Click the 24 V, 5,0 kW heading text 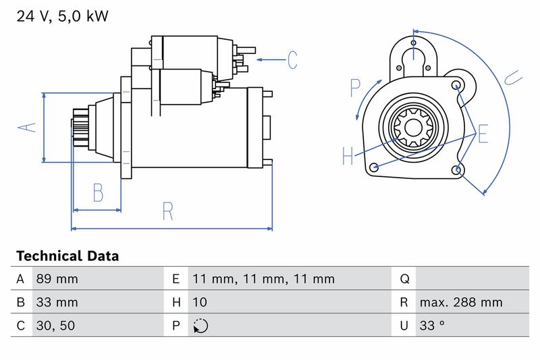tap(62, 16)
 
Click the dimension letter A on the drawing tap(27, 128)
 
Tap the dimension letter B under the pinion tap(98, 192)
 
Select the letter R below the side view tap(167, 211)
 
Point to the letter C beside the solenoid tap(292, 60)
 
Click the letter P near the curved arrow tap(355, 88)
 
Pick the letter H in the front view tap(348, 155)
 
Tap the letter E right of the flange tap(483, 134)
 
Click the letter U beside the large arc tap(513, 78)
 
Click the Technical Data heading tap(67, 256)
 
